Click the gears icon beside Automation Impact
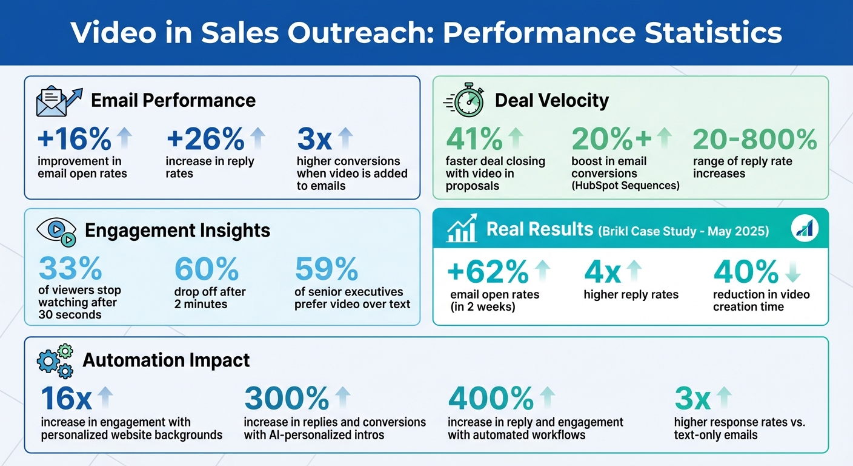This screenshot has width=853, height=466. [x=55, y=360]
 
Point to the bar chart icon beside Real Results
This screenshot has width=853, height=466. [x=462, y=229]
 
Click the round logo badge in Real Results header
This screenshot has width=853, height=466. [x=805, y=228]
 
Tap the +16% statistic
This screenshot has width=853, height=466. [x=74, y=140]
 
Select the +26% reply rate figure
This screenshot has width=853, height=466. [x=205, y=140]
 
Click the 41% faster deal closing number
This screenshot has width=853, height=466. [x=474, y=140]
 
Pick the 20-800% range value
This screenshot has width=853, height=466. [x=754, y=140]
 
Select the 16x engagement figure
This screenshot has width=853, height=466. [x=66, y=399]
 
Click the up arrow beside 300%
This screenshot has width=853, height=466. [x=342, y=398]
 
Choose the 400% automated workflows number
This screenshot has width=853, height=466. [x=491, y=399]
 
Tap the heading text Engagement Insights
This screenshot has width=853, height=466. [x=178, y=231]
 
